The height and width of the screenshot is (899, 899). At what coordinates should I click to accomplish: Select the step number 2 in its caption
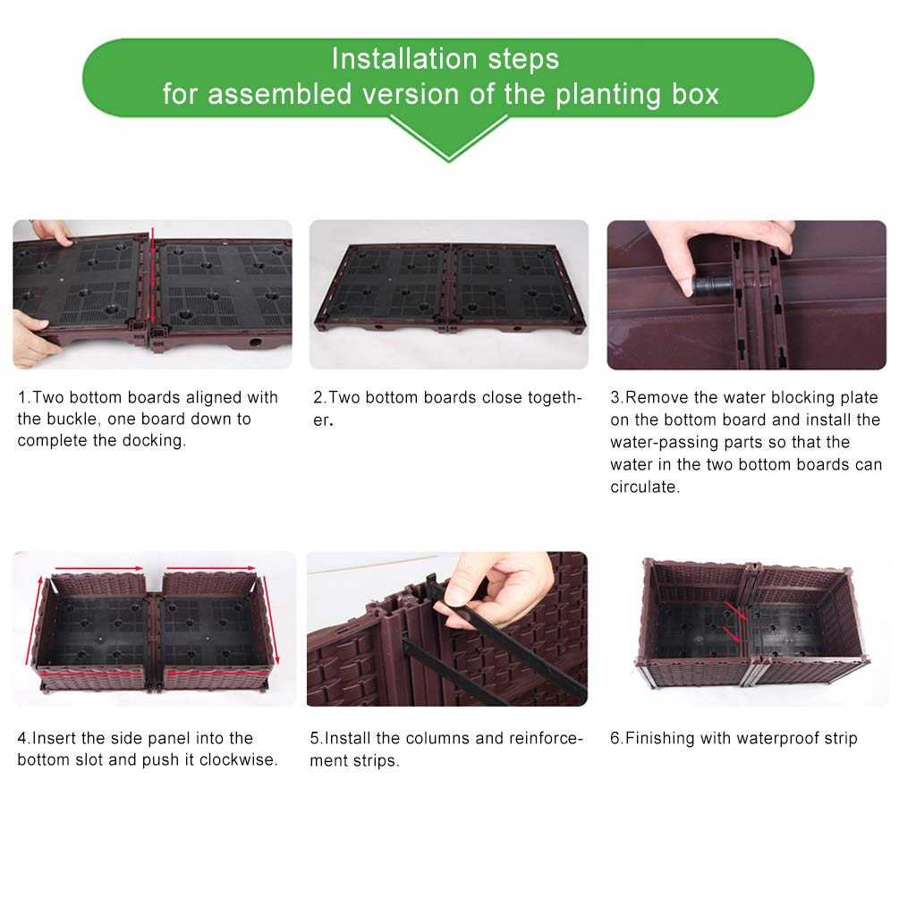click(317, 397)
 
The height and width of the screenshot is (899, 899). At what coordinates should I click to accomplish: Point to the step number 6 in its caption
click(615, 739)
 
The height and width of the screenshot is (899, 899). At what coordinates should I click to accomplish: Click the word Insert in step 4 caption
click(55, 739)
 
